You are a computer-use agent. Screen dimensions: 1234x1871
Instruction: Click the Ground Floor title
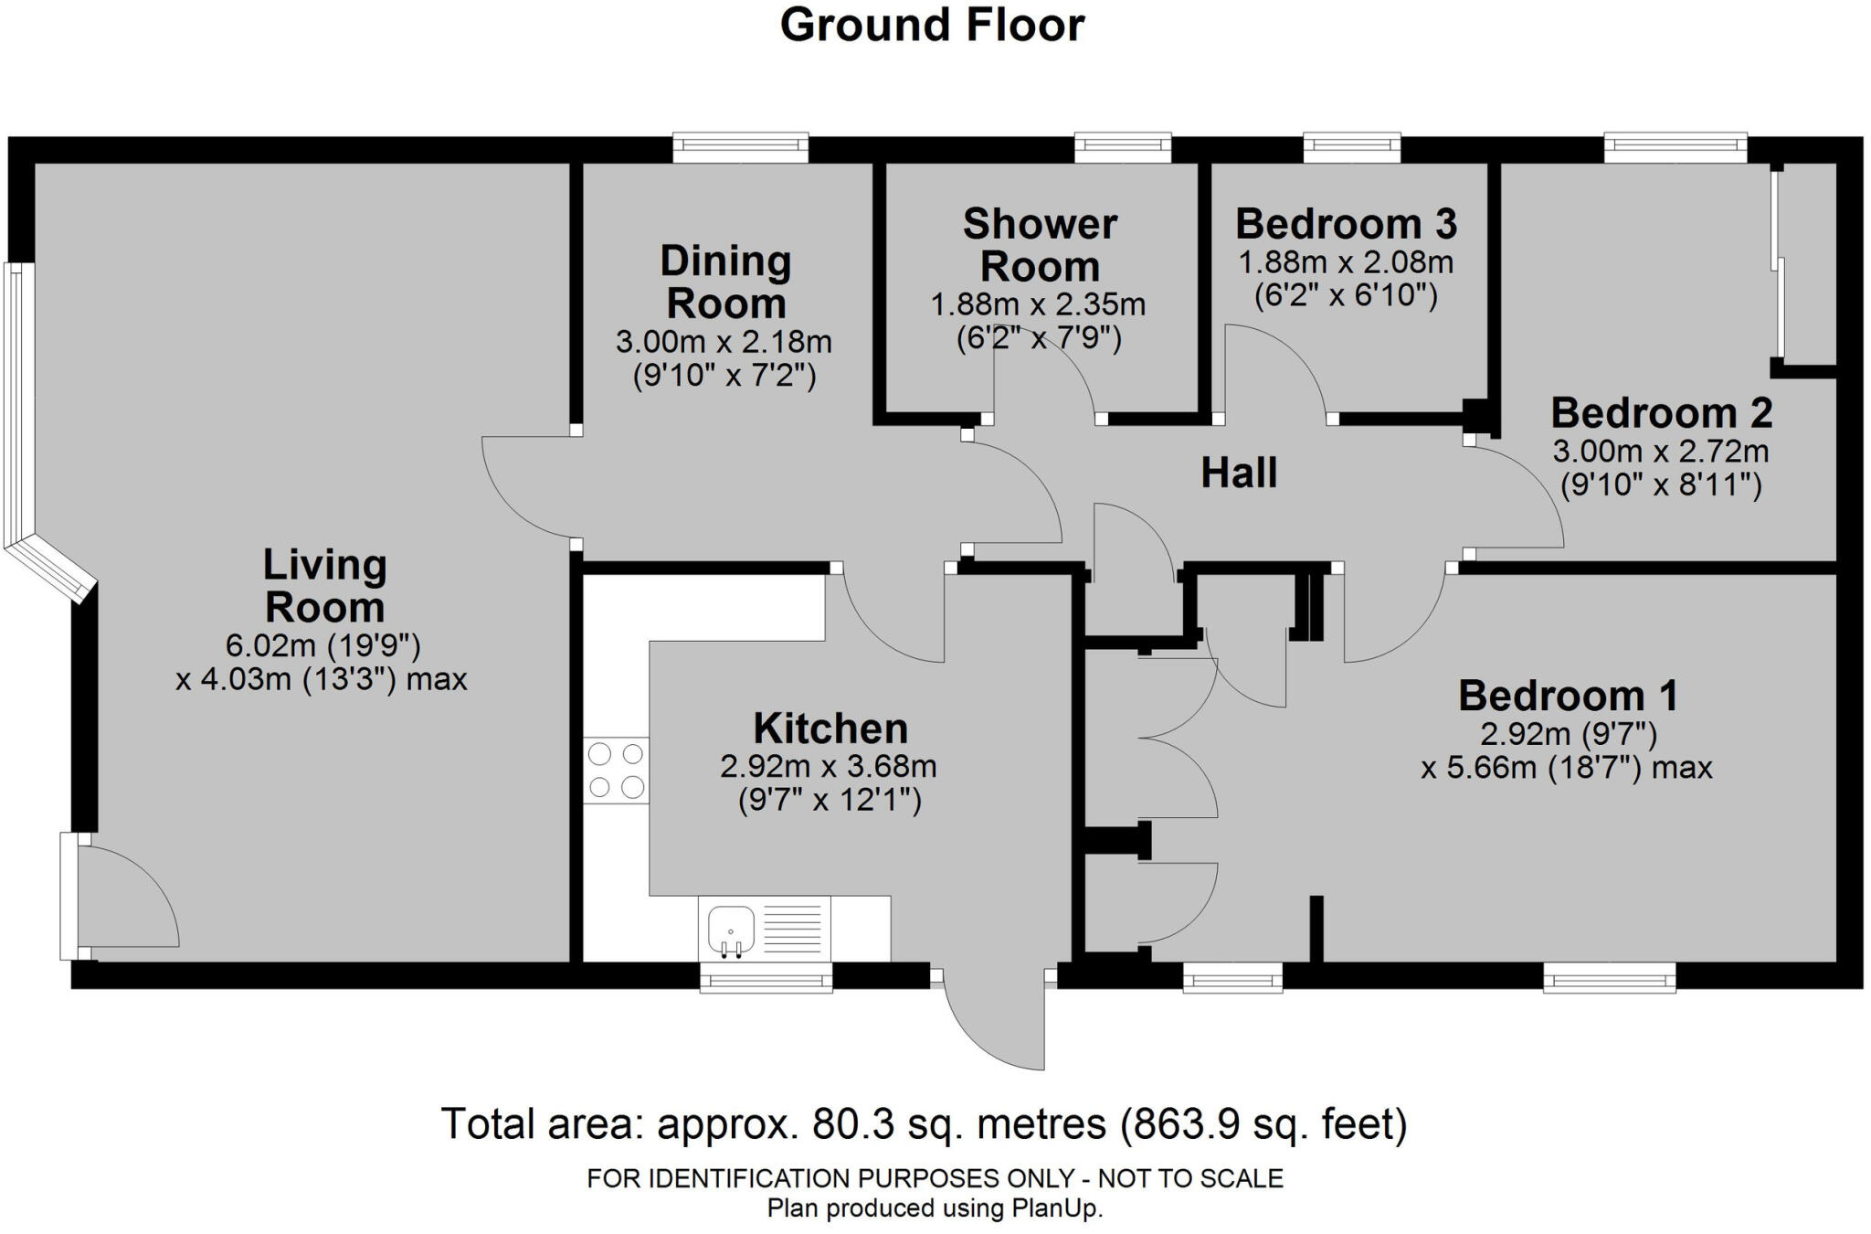[932, 26]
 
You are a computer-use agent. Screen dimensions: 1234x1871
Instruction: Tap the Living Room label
[324, 586]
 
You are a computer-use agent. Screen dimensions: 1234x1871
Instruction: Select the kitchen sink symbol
[731, 930]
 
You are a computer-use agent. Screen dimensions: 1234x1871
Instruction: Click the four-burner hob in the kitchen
[616, 771]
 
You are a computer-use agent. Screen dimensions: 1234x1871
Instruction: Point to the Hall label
[1238, 473]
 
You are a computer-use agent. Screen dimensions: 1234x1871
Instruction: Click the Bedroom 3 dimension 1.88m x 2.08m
[1345, 263]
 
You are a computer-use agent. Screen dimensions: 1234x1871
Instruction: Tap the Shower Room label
[1040, 245]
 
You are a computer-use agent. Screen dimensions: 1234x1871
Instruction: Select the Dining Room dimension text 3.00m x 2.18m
[724, 343]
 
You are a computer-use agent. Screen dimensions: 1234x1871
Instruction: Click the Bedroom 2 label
[1661, 413]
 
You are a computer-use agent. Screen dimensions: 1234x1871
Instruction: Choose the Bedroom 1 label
[1568, 696]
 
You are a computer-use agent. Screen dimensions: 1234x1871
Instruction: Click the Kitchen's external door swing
[996, 1019]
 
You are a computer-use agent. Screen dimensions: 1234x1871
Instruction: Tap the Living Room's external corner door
[123, 896]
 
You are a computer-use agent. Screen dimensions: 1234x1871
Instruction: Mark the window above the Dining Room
[740, 147]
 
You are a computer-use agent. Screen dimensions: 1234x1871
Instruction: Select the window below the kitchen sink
[766, 981]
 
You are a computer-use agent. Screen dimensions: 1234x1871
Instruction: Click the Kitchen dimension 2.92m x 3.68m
[828, 766]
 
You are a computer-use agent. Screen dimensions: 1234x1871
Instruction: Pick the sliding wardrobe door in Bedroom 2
[1777, 265]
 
